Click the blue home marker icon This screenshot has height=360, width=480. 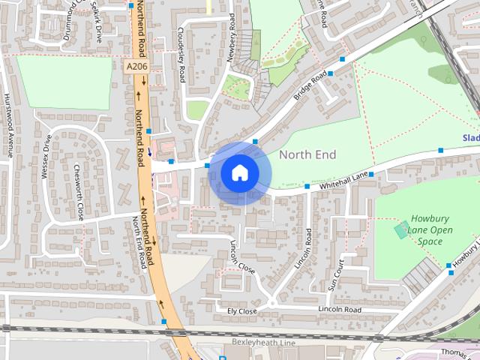(x=239, y=173)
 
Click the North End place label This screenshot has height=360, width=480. (x=307, y=154)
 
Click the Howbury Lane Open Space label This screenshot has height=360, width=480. (x=430, y=231)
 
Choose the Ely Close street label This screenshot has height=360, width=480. (x=242, y=310)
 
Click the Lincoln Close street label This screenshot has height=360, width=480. (x=242, y=256)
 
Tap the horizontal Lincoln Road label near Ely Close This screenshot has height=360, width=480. (x=340, y=310)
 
